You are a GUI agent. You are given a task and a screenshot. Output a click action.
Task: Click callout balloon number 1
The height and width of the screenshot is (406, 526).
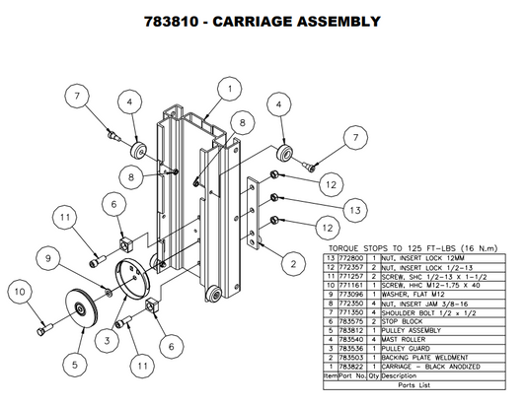(228, 89)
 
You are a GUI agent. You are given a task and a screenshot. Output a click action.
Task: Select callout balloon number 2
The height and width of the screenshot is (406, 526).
(291, 263)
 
